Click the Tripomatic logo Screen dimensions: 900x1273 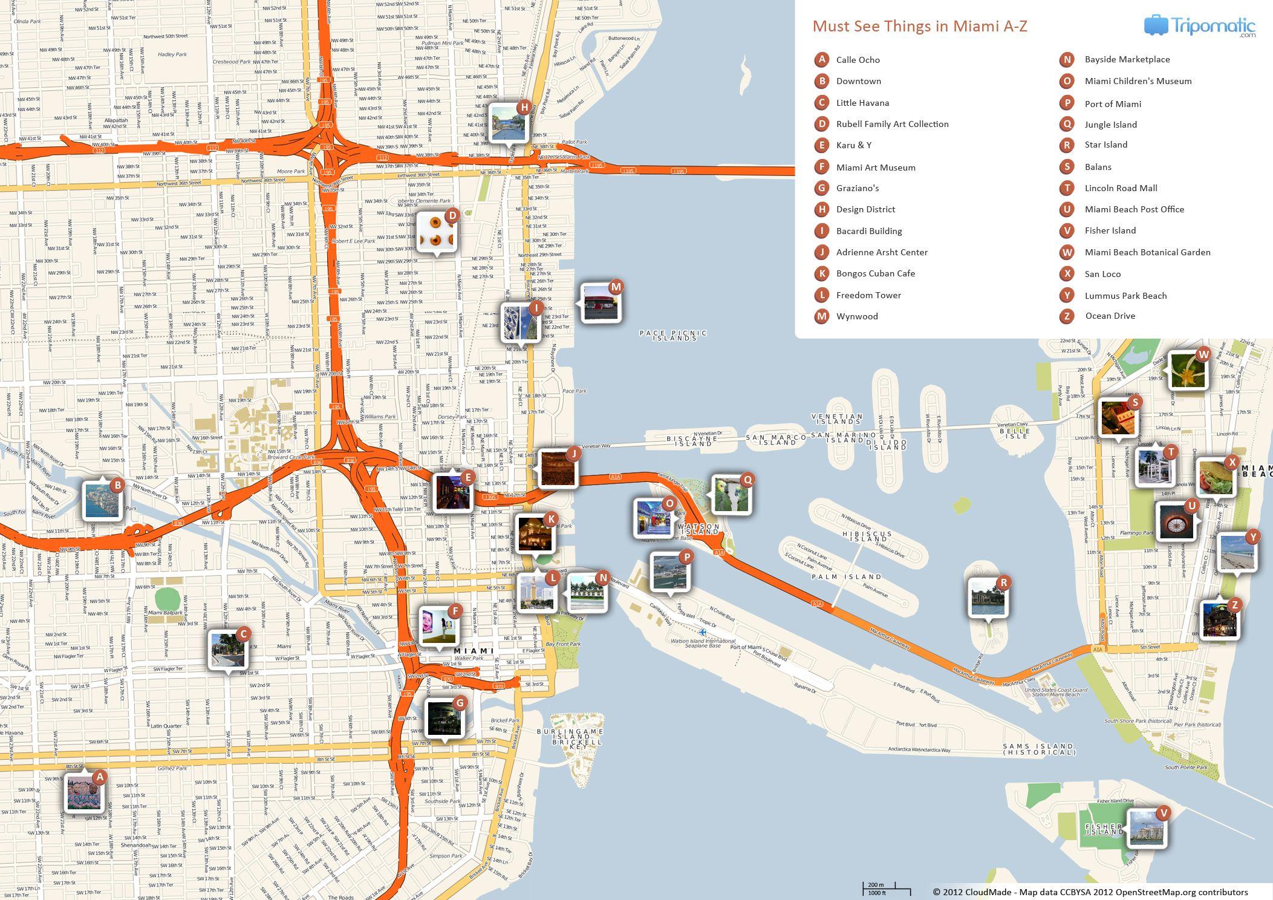point(1199,26)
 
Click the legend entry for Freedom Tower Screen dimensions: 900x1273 point(868,295)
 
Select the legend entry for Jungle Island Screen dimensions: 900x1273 point(1110,125)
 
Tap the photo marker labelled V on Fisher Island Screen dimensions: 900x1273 point(1145,828)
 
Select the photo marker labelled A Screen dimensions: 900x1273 point(84,792)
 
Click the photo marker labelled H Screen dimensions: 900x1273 point(509,123)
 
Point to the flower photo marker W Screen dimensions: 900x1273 point(1188,370)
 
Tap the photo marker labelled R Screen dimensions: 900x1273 point(987,598)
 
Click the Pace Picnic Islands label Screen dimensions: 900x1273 point(673,335)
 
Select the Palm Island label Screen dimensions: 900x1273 point(847,577)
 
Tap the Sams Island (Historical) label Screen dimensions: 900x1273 point(1038,749)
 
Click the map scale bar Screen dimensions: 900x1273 point(886,889)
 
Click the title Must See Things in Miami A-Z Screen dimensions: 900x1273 point(919,27)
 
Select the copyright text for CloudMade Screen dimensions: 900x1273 point(1090,892)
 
